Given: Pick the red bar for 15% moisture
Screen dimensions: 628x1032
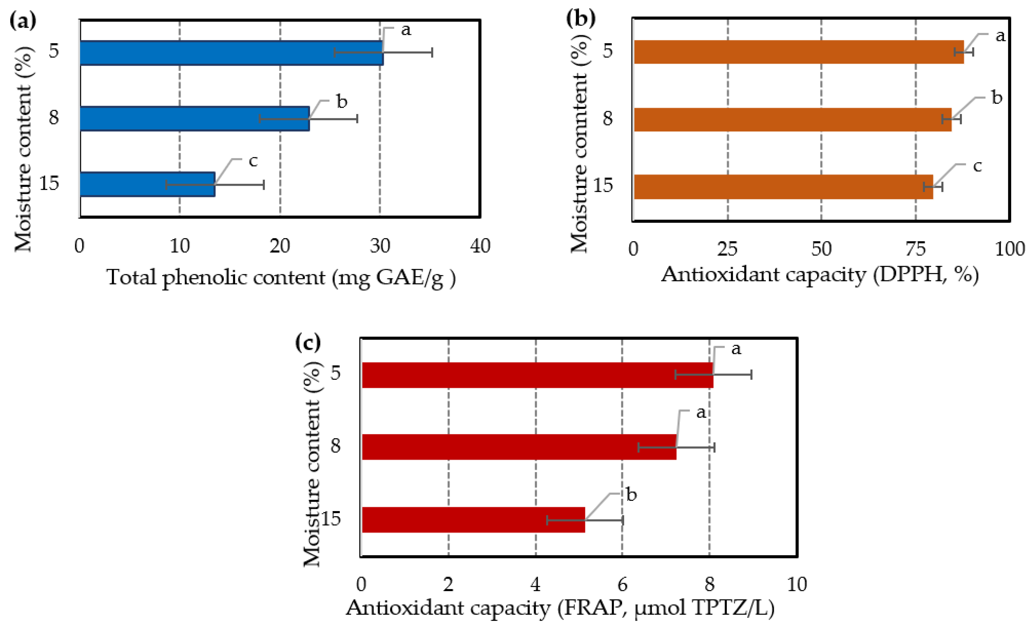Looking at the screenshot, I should [473, 520].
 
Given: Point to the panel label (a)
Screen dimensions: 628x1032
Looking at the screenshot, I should [23, 20].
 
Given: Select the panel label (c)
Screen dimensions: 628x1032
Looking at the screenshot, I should [308, 342].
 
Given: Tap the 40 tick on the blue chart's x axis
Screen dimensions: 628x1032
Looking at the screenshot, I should [480, 246].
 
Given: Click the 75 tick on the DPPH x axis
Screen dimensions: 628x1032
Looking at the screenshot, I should [916, 249].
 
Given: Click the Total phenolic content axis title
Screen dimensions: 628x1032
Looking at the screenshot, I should [281, 278].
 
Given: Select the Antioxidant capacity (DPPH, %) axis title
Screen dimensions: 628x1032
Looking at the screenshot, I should [820, 275].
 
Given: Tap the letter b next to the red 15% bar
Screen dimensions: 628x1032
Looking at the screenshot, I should [631, 495].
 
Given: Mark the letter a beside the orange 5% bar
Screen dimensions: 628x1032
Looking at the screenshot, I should [1000, 36].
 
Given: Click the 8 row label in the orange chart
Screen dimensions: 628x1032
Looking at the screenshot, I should [607, 119].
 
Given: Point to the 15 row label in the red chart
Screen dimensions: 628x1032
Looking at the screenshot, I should [331, 519].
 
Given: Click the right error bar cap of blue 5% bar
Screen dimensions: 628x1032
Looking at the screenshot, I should [432, 52].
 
